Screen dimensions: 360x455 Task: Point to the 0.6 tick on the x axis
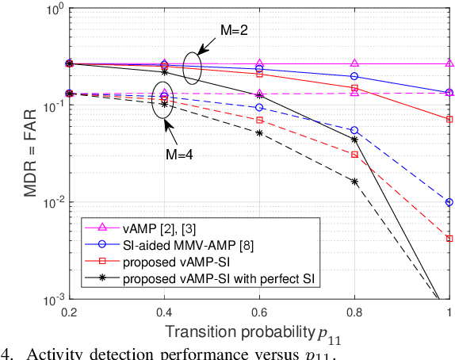[259, 312]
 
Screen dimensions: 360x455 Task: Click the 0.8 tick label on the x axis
[354, 312]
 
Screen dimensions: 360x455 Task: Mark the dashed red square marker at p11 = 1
[449, 238]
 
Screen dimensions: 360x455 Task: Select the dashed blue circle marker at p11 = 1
[449, 202]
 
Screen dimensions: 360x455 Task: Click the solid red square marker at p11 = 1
[449, 119]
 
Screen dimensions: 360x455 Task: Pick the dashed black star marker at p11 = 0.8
[354, 182]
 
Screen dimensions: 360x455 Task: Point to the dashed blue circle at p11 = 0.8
[354, 130]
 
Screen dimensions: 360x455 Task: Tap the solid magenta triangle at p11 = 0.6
[259, 63]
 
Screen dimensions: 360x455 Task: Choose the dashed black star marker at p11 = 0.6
[259, 132]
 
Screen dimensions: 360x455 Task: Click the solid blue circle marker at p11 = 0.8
[354, 76]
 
